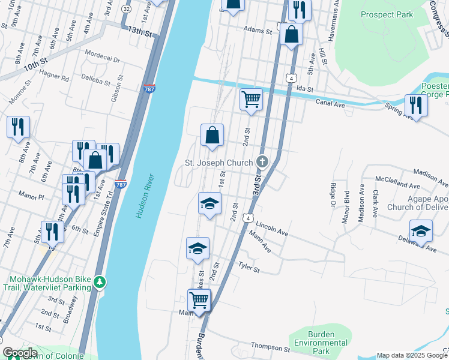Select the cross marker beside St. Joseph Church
(x=262, y=161)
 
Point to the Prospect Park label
(x=387, y=14)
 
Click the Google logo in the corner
(x=20, y=353)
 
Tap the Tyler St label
(x=249, y=266)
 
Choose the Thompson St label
(x=271, y=348)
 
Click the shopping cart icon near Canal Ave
(x=251, y=99)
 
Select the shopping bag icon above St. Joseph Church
(x=212, y=135)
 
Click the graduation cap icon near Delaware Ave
(x=421, y=230)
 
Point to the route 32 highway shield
(x=125, y=10)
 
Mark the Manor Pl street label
(x=32, y=196)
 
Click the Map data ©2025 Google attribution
(x=412, y=355)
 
